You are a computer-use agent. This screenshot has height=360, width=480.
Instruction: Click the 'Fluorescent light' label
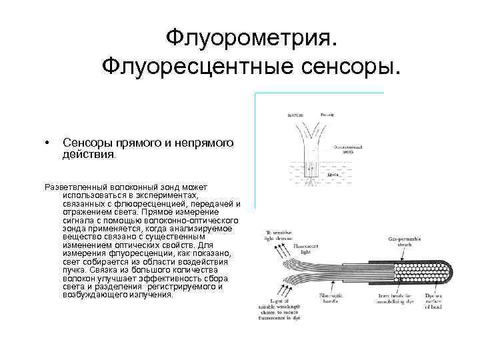pyautogui.click(x=307, y=249)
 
